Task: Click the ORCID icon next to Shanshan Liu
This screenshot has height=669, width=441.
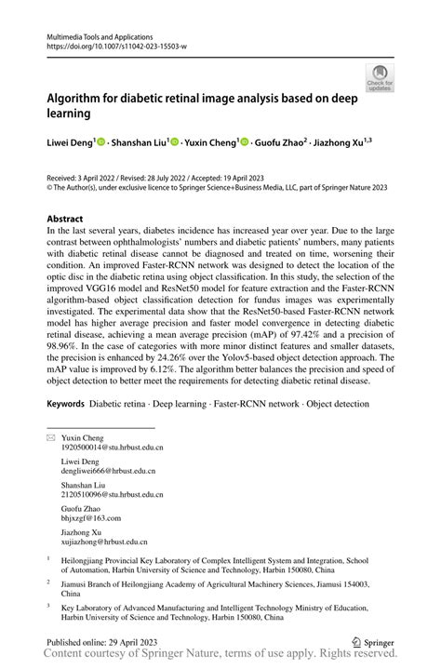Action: pyautogui.click(x=174, y=143)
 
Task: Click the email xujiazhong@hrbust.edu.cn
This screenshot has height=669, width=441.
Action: pyautogui.click(x=104, y=541)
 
